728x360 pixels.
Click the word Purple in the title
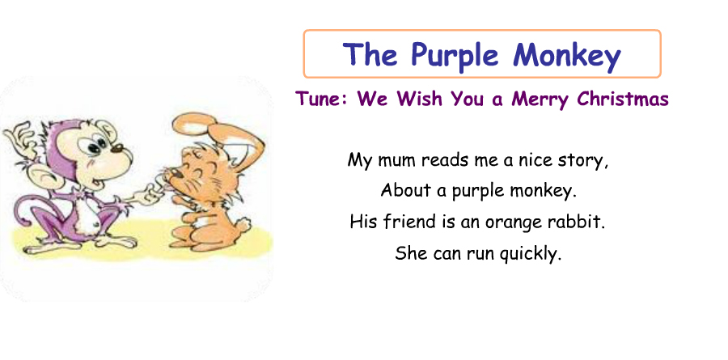[455, 56]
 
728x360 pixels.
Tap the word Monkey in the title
[567, 56]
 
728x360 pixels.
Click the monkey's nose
[117, 148]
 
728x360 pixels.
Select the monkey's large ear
[44, 177]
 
